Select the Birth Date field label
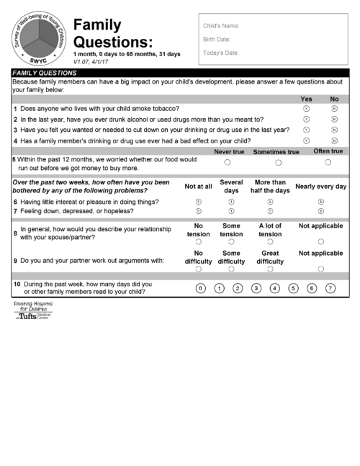(217, 39)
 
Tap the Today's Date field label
(220, 53)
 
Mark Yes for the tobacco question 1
(306, 108)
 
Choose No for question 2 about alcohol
(334, 119)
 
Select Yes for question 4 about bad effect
(306, 140)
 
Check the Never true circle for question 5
(228, 162)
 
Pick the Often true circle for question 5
(328, 162)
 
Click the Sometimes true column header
(276, 152)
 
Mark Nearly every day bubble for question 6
(320, 202)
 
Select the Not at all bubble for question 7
(198, 212)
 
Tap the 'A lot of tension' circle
(270, 242)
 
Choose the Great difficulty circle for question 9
(270, 269)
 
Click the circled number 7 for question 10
(330, 288)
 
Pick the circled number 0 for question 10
(201, 288)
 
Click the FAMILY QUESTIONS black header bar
(180, 73)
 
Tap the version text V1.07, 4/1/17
(99, 62)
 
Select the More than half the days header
(271, 186)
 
